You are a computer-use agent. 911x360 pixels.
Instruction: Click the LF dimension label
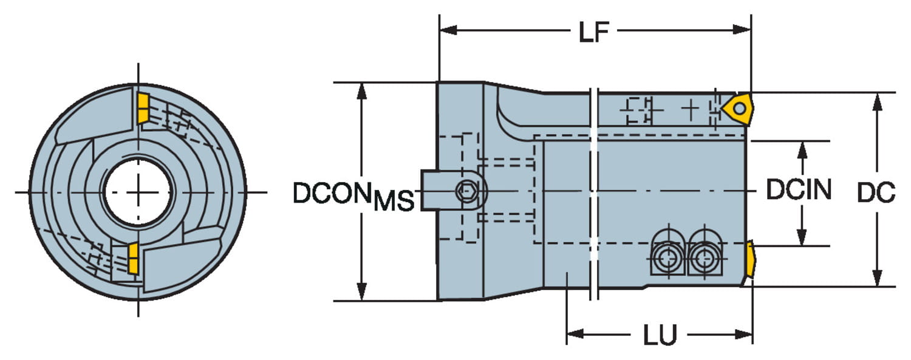[593, 32]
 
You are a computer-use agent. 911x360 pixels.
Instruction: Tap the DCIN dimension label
[798, 191]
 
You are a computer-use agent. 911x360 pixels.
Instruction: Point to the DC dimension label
[876, 193]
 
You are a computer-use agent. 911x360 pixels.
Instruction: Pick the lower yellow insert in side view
[751, 259]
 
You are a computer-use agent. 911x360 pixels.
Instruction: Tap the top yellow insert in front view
[143, 108]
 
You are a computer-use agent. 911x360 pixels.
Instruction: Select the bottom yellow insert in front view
[133, 258]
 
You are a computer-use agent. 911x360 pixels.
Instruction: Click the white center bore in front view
[138, 192]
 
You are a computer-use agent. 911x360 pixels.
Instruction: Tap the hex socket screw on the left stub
[466, 192]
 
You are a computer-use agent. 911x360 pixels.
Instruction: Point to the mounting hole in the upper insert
[739, 108]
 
